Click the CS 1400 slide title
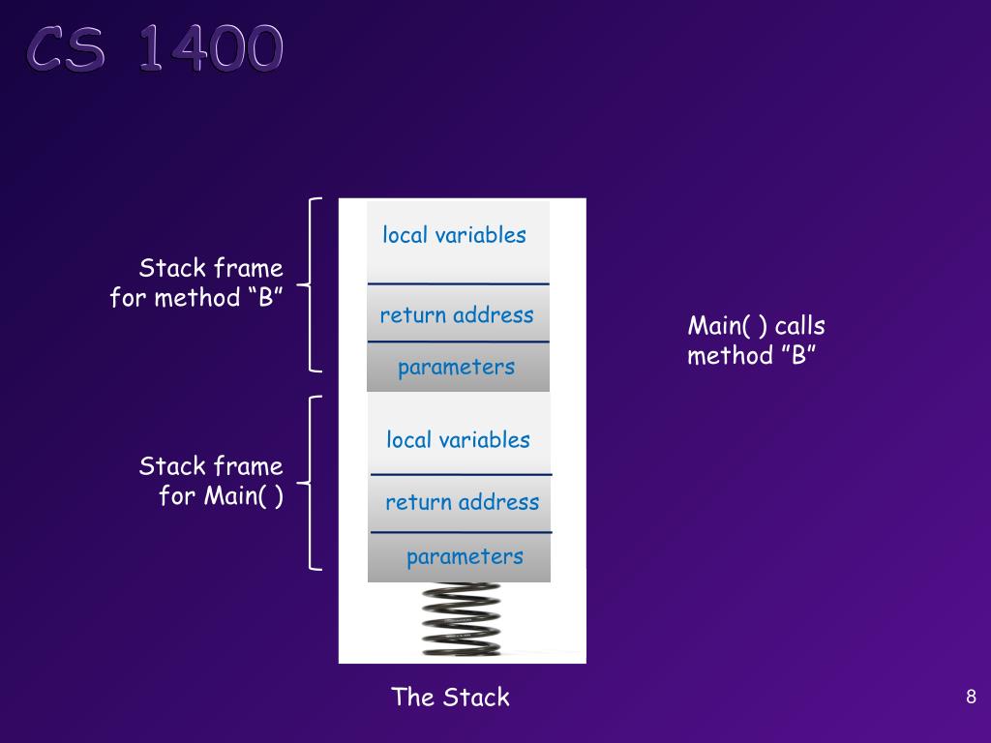click(155, 48)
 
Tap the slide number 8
click(971, 697)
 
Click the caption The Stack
click(451, 697)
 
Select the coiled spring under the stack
click(462, 619)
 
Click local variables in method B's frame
click(455, 235)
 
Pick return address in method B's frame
click(457, 314)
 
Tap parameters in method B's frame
click(457, 368)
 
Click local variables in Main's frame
click(458, 440)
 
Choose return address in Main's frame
click(463, 502)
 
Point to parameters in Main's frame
click(465, 557)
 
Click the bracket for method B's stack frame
click(310, 285)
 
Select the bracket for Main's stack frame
click(310, 484)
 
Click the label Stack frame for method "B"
click(196, 282)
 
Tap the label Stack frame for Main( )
click(211, 481)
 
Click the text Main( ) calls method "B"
click(757, 341)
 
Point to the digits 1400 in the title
click(211, 48)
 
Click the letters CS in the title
click(66, 48)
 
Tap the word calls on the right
click(800, 326)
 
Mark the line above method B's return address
click(458, 284)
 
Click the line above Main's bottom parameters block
click(462, 533)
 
